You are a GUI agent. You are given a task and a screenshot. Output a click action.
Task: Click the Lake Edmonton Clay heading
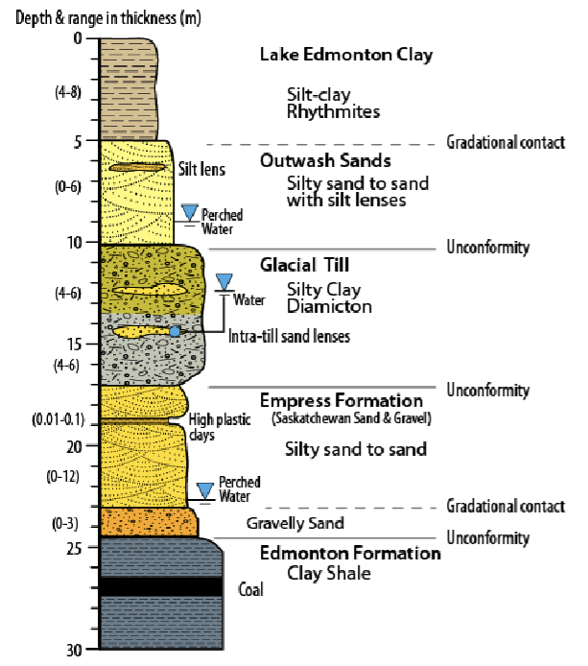(345, 55)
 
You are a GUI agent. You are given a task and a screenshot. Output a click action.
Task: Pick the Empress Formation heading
(341, 400)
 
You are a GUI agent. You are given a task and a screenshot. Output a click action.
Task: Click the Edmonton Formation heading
(350, 554)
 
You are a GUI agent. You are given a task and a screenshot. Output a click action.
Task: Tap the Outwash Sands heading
(325, 160)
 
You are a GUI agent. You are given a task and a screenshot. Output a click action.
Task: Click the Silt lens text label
(202, 170)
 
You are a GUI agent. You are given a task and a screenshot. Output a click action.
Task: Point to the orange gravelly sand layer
(149, 522)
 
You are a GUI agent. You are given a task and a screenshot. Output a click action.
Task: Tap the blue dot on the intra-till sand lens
(175, 331)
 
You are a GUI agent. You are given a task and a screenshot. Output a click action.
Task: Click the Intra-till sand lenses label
(289, 337)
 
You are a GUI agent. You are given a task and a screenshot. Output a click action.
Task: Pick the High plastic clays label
(212, 427)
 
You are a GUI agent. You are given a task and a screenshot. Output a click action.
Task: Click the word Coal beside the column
(250, 590)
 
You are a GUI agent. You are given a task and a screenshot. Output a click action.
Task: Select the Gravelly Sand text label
(294, 523)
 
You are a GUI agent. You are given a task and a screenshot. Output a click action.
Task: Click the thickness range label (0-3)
(59, 524)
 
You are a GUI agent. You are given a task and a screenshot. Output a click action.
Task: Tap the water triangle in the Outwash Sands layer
(189, 211)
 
